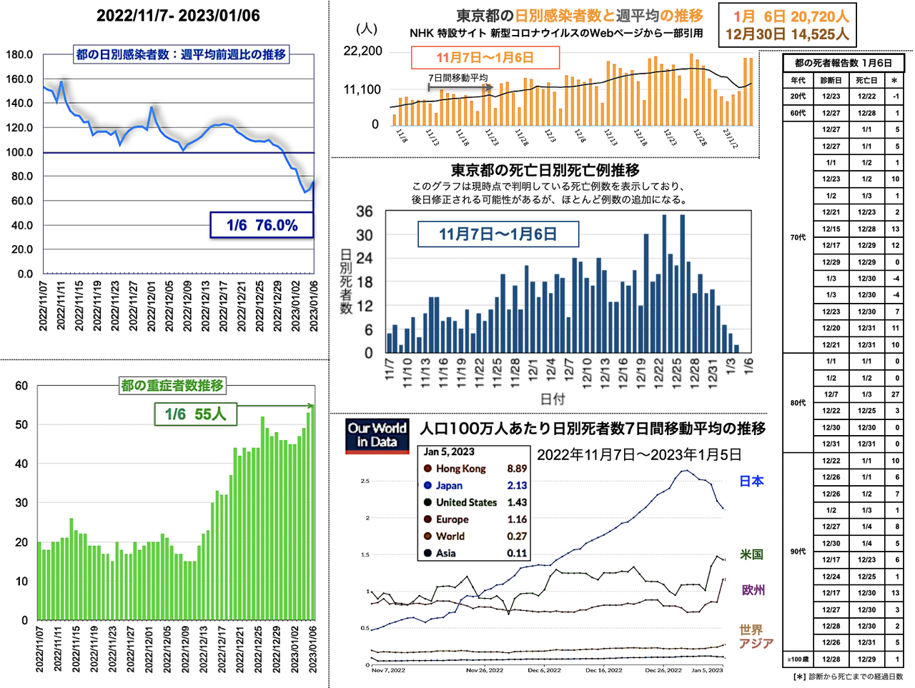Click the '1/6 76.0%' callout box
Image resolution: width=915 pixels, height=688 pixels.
[x=262, y=225]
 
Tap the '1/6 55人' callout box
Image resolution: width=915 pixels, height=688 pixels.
[x=195, y=414]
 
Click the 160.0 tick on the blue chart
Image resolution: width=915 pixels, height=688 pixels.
[x=19, y=79]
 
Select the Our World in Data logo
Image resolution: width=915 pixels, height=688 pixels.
[x=377, y=435]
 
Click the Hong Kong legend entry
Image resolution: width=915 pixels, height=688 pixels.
[x=460, y=469]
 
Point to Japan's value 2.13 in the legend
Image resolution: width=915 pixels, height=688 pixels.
[x=517, y=486]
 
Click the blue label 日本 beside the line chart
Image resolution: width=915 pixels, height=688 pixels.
[x=751, y=482]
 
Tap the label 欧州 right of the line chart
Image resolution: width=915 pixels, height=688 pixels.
[x=753, y=590]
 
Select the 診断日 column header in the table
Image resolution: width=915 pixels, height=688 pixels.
[x=831, y=81]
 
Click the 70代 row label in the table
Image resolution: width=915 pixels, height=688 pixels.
[x=798, y=237]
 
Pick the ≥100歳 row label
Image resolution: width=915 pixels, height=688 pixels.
[x=798, y=659]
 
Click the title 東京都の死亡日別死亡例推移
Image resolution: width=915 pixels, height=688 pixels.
[x=545, y=170]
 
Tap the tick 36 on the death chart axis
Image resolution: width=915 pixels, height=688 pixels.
[x=365, y=211]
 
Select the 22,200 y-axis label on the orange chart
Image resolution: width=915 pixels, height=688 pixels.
[x=363, y=51]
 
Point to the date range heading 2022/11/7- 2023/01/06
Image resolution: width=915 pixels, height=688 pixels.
[x=178, y=16]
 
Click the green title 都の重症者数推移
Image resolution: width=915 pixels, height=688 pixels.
[x=172, y=386]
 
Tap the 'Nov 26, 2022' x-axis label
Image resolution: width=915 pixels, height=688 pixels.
[x=485, y=670]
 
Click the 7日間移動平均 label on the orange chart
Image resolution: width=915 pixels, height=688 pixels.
[x=457, y=78]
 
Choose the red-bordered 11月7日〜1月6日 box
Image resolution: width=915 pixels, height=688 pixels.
[x=485, y=58]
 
